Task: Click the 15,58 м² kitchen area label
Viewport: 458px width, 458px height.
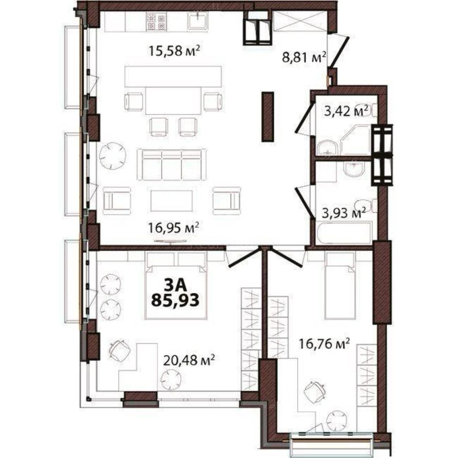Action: (174, 51)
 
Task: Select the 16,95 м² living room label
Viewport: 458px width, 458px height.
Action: (174, 229)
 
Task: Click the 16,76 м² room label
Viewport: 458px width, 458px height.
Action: (324, 345)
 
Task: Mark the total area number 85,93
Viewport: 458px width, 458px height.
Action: (175, 301)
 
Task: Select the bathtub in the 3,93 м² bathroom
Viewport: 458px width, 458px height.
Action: (343, 233)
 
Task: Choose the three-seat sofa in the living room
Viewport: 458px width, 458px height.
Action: (171, 164)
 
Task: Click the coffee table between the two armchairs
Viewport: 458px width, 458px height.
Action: (171, 200)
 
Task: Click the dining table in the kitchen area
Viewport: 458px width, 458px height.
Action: (174, 100)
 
